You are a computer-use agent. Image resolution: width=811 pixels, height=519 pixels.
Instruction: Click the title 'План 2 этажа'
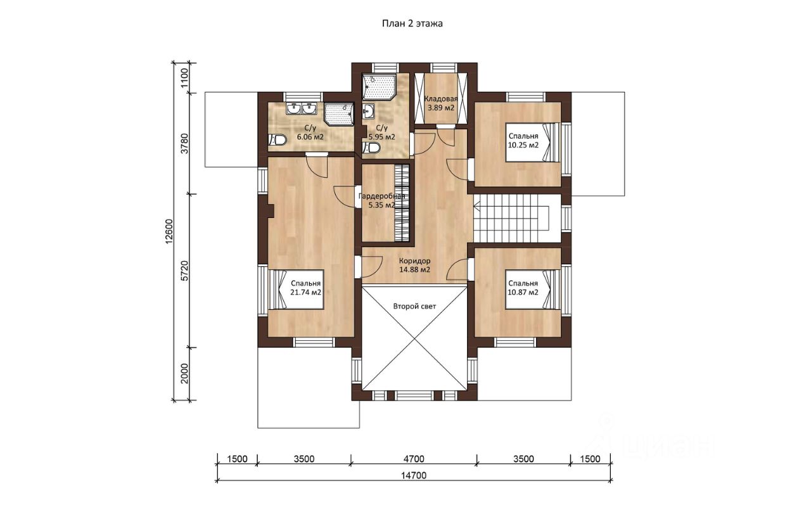(x=412, y=23)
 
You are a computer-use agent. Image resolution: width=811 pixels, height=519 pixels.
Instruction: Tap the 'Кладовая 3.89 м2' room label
(x=441, y=103)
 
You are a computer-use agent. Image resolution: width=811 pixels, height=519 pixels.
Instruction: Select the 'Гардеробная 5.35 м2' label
(x=381, y=201)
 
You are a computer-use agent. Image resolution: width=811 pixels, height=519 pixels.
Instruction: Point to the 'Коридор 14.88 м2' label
(x=414, y=265)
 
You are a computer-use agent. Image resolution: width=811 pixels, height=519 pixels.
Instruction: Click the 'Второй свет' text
(x=414, y=307)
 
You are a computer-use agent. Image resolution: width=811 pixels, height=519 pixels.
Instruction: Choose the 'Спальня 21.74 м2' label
(x=305, y=288)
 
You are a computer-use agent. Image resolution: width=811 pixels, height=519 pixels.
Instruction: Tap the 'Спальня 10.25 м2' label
(x=523, y=141)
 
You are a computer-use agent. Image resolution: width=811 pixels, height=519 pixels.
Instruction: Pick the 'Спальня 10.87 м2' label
(x=523, y=288)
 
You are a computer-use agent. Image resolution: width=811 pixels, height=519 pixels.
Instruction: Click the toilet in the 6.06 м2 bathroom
(x=278, y=140)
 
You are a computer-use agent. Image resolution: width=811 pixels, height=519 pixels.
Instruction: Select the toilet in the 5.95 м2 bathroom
(x=371, y=148)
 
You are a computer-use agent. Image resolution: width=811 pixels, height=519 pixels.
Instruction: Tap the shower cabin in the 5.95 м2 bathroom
(x=380, y=87)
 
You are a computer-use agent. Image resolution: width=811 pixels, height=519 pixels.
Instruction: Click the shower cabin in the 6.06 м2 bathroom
(x=338, y=114)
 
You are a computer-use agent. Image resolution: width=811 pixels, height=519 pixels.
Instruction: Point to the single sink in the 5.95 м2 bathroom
(x=369, y=111)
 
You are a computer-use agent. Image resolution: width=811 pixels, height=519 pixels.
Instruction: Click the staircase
(x=512, y=219)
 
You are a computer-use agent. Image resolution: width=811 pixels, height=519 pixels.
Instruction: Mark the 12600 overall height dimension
(x=169, y=232)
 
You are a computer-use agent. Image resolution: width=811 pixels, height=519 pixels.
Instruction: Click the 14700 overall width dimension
(x=414, y=475)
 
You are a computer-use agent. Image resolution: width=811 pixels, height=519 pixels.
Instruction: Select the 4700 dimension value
(x=414, y=459)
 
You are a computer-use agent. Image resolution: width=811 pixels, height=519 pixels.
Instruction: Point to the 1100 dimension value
(x=184, y=78)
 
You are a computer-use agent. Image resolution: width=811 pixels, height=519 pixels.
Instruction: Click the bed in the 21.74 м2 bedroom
(x=296, y=290)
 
